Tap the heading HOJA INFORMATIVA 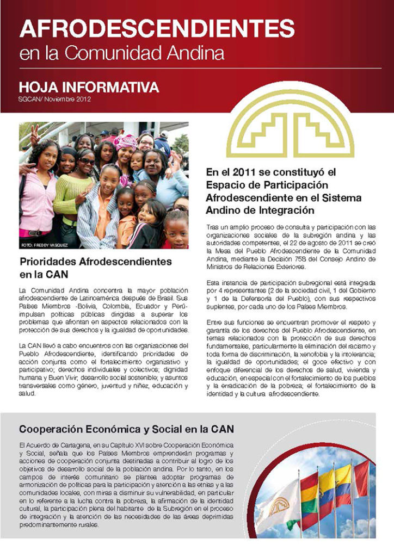coord(89,87)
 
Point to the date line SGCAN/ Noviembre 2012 coord(54,100)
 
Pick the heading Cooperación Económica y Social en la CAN coord(128,428)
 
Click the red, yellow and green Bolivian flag coord(309,492)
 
